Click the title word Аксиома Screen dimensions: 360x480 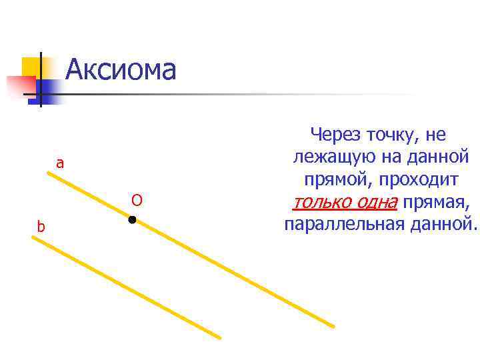pos(121,69)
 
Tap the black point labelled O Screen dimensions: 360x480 pos(132,219)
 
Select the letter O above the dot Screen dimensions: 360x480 pos(137,200)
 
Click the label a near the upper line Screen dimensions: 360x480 pos(60,163)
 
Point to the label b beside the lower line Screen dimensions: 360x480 pos(41,227)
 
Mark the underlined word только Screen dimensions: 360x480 pos(321,202)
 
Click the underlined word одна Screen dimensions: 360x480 pos(375,202)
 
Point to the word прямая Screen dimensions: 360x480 pos(435,202)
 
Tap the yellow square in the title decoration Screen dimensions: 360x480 pos(32,67)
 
